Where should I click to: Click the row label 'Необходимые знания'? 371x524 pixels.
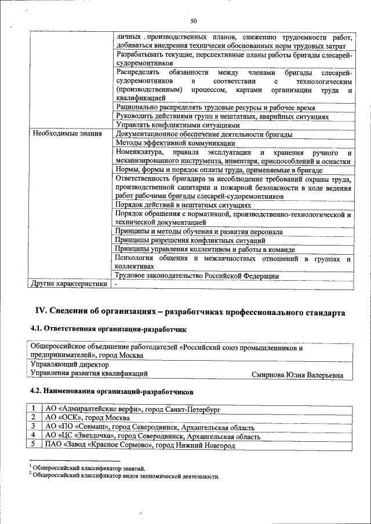pyautogui.click(x=67, y=134)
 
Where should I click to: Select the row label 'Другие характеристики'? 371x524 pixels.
pyautogui.click(x=69, y=284)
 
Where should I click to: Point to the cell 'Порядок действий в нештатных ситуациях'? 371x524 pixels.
pyautogui.click(x=183, y=205)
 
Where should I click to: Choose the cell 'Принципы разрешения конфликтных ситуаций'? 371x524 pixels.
pyautogui.click(x=190, y=240)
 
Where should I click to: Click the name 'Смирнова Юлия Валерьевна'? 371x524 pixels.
pyautogui.click(x=297, y=375)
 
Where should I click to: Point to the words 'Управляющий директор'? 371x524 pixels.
pyautogui.click(x=70, y=365)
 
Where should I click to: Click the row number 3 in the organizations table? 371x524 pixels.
pyautogui.click(x=35, y=427)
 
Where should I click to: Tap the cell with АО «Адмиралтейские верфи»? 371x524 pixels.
pyautogui.click(x=133, y=409)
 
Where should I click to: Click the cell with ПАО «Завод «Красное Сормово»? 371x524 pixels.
pyautogui.click(x=140, y=445)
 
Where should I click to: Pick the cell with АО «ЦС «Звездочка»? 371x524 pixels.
pyautogui.click(x=148, y=435)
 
